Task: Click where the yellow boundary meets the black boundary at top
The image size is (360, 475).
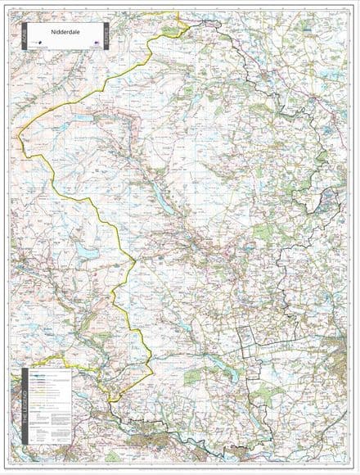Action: click(x=187, y=25)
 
